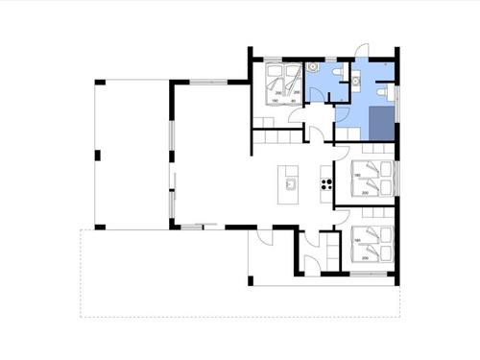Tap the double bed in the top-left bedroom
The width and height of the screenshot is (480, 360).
[x=279, y=82]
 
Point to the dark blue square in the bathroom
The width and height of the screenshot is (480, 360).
[x=382, y=124]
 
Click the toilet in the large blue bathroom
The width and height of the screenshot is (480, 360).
[x=385, y=91]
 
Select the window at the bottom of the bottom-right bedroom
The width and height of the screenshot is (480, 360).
[x=369, y=274]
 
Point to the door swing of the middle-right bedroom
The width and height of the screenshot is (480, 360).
[x=341, y=154]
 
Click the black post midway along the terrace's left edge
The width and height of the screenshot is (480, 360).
[x=97, y=155]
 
